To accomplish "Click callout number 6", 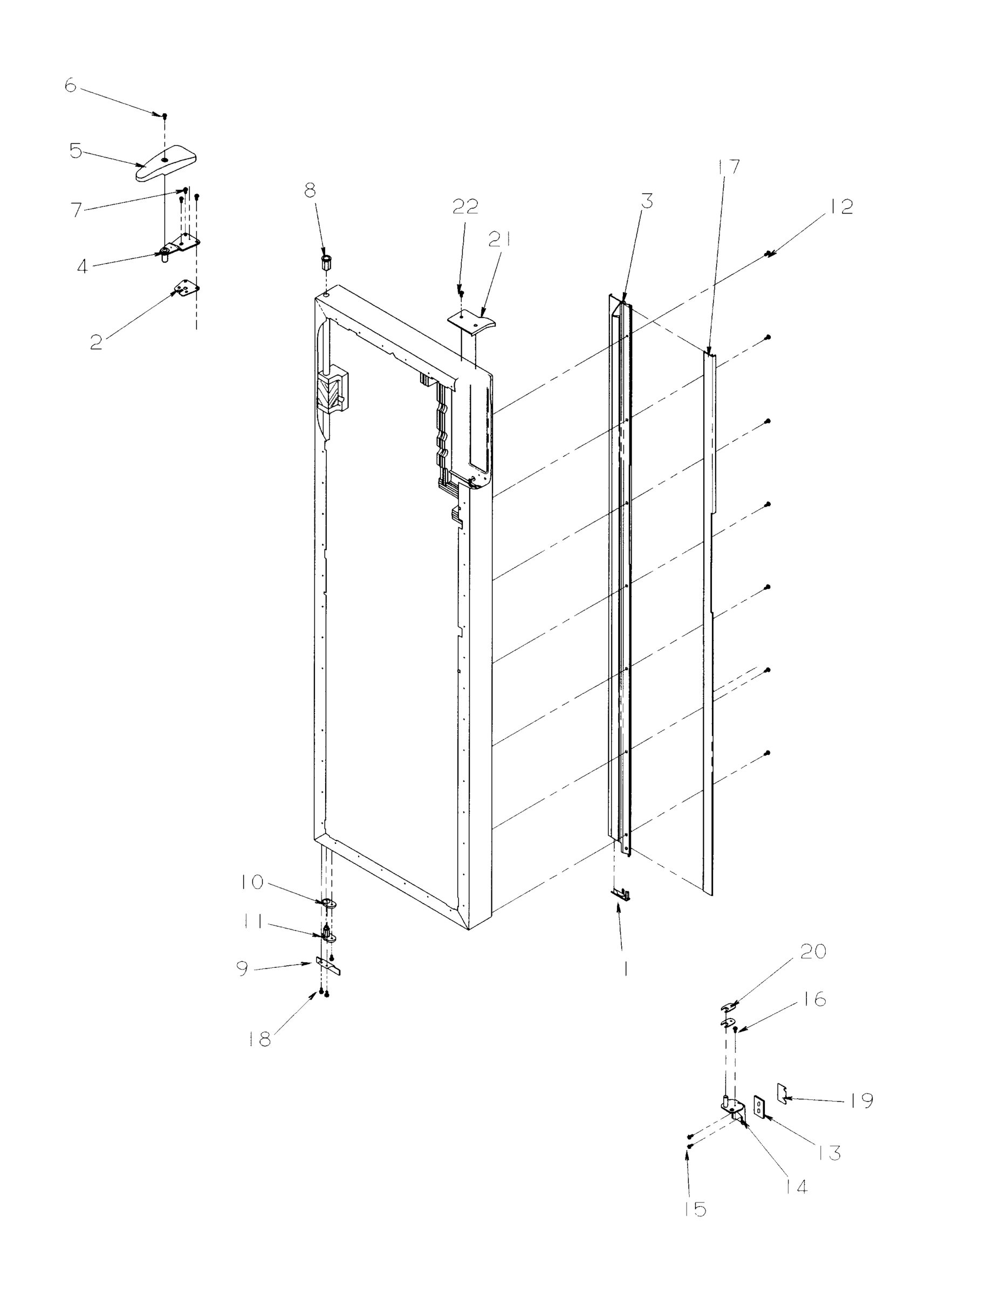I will point(71,86).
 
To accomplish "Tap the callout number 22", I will point(465,207).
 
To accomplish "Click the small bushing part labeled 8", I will point(325,261).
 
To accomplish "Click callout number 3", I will point(647,202).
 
